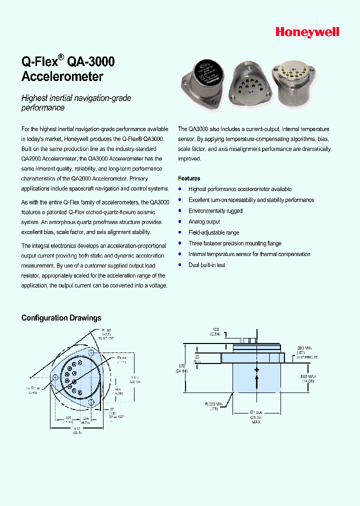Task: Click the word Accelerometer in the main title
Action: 62,77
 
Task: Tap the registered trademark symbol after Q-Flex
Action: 61,57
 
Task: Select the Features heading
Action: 189,178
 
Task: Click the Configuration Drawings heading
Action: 61,318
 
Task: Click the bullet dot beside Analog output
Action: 180,221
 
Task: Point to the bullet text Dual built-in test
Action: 206,265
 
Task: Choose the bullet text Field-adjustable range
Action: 213,232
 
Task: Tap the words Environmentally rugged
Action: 215,211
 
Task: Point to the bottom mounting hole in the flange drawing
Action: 91,402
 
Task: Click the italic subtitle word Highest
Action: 35,98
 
